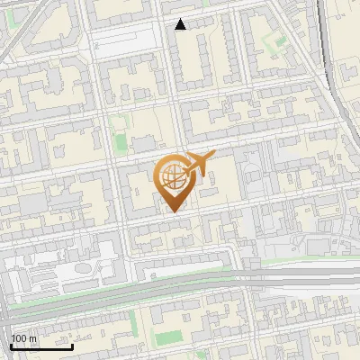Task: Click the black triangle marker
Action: (x=181, y=24)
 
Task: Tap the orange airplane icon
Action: (x=198, y=164)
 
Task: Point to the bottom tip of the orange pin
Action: (x=173, y=212)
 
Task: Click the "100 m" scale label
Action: (x=23, y=338)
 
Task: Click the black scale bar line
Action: (x=41, y=346)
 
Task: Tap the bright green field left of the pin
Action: (x=121, y=142)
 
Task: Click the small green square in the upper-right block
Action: (x=281, y=41)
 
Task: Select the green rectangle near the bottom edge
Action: (x=167, y=338)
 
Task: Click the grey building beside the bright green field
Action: (x=143, y=144)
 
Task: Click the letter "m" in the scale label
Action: (x=32, y=338)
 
